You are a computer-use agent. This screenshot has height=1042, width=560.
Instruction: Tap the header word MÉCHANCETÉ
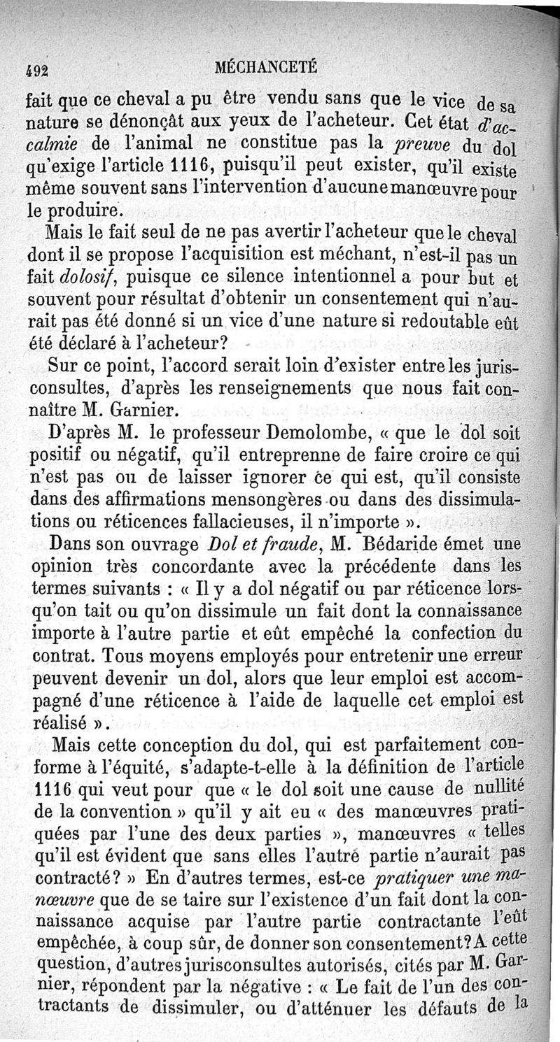point(267,67)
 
